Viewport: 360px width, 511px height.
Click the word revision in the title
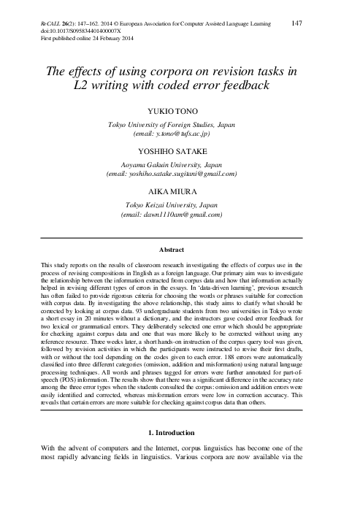click(x=247, y=72)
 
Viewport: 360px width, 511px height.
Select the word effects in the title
click(x=88, y=72)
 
